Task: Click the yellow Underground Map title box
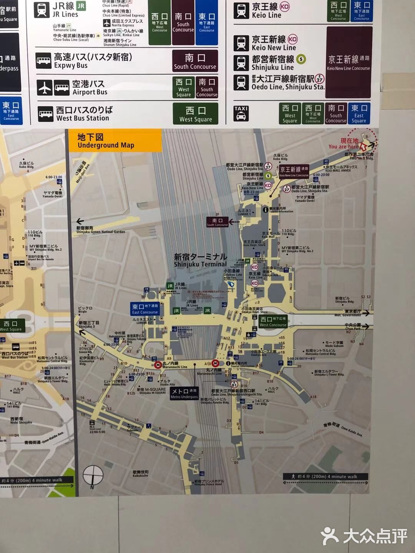pos(114,141)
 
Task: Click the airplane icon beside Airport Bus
pos(45,88)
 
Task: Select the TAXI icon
pos(241,113)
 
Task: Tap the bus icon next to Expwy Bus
pos(43,61)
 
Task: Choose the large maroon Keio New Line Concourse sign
pos(349,62)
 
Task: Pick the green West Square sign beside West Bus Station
pos(196,114)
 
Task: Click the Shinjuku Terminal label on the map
pos(200,260)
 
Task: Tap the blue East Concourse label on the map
pos(145,309)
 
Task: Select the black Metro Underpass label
pos(184,393)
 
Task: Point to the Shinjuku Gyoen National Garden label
pos(100,230)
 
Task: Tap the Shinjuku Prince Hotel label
pos(209,483)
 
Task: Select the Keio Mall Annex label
pos(338,169)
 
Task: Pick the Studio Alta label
pos(167,382)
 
